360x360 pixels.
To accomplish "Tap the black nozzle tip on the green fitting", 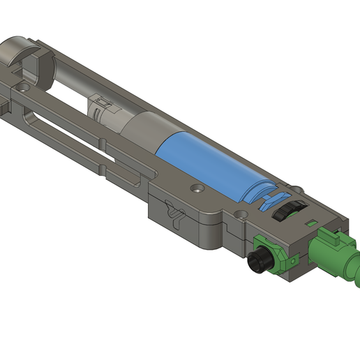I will [260, 262].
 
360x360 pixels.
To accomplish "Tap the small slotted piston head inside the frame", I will [101, 110].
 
